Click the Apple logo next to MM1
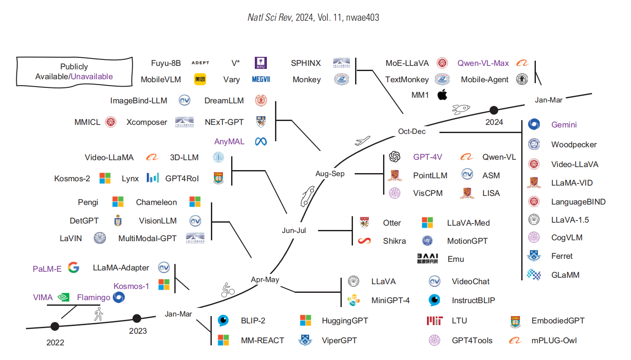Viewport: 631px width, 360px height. [x=442, y=95]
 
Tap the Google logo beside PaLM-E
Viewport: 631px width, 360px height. [x=74, y=267]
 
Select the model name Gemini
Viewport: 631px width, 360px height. [x=564, y=125]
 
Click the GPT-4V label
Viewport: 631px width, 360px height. [x=427, y=157]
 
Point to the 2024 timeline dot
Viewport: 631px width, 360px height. [x=494, y=110]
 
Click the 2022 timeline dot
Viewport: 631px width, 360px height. [x=55, y=326]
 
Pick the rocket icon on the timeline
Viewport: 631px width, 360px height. [x=461, y=109]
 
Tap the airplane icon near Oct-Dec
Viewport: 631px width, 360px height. [x=362, y=141]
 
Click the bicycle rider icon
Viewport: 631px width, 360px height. [x=227, y=290]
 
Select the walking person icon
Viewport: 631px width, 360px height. [x=99, y=314]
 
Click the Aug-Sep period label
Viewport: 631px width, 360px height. [x=330, y=174]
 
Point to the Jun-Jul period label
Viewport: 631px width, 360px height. [x=294, y=230]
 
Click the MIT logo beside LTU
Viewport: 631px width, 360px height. [x=435, y=321]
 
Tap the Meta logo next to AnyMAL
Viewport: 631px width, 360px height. [x=261, y=142]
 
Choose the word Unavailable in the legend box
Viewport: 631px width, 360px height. [x=92, y=77]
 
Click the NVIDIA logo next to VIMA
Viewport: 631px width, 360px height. [x=64, y=297]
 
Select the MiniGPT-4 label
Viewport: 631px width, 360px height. [x=390, y=301]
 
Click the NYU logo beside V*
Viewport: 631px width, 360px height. [x=261, y=63]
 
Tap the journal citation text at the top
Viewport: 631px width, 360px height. [x=313, y=18]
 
